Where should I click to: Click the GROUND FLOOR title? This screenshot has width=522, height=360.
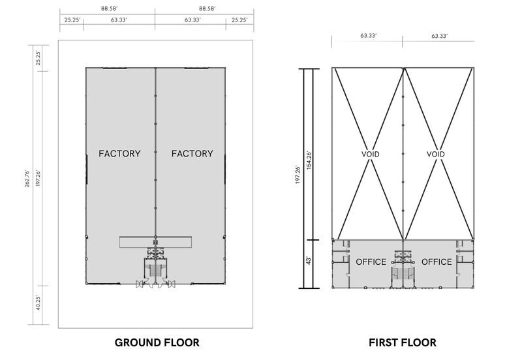[157, 342]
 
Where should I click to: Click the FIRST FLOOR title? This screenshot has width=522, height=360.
[402, 342]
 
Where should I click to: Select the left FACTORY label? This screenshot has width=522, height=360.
[119, 154]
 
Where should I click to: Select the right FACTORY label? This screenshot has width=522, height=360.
[192, 154]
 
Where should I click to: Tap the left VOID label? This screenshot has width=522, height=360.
[370, 155]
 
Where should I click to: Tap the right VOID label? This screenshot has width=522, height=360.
[435, 155]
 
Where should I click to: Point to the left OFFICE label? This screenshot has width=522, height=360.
[371, 262]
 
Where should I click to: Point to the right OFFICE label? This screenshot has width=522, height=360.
[437, 262]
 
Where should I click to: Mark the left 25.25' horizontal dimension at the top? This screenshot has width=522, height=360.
[72, 20]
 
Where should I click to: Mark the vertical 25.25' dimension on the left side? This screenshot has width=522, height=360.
[38, 57]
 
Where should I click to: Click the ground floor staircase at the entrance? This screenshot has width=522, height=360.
[155, 271]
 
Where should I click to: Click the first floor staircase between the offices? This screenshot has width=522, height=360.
[403, 275]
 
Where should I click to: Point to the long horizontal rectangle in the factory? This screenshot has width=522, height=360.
[155, 241]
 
